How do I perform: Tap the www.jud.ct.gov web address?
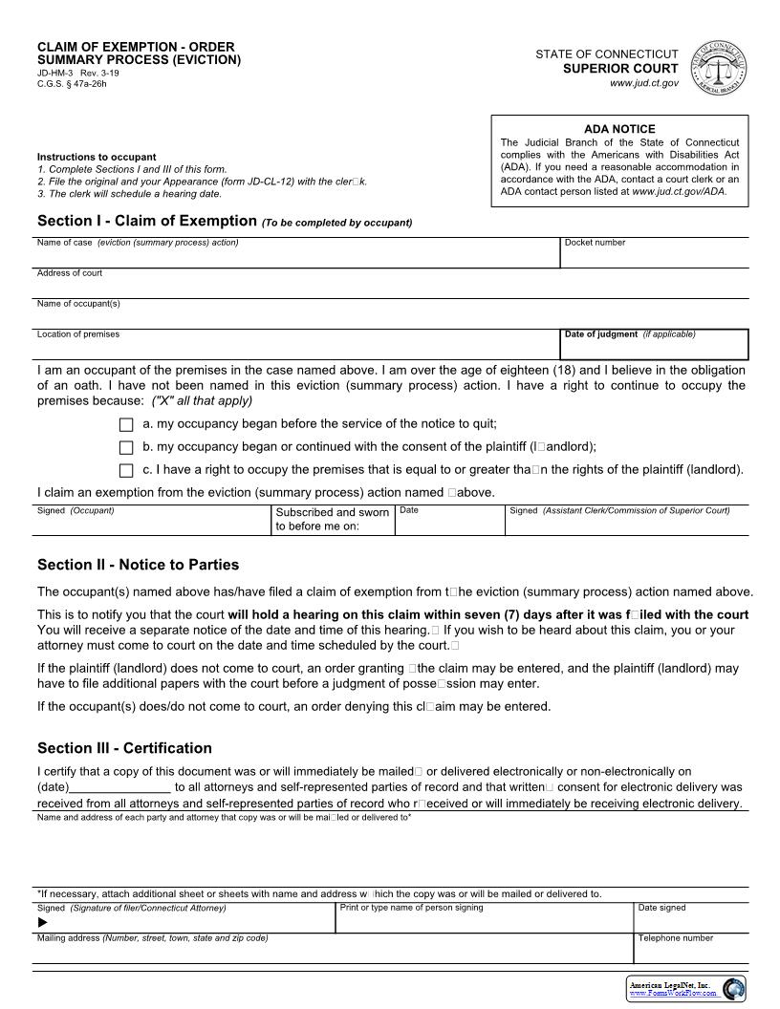click(x=643, y=84)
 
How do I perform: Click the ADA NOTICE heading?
click(x=619, y=129)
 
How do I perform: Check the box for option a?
click(x=126, y=425)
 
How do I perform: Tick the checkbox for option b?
click(x=126, y=448)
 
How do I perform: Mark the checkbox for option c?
click(x=126, y=471)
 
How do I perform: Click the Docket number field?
click(x=654, y=256)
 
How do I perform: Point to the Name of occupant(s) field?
click(x=392, y=316)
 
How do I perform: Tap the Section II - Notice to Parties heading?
click(x=138, y=565)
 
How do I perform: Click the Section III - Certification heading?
click(x=124, y=748)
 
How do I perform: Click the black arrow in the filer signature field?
click(x=42, y=923)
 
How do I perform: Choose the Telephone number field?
click(x=691, y=951)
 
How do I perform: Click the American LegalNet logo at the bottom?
click(x=684, y=989)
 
